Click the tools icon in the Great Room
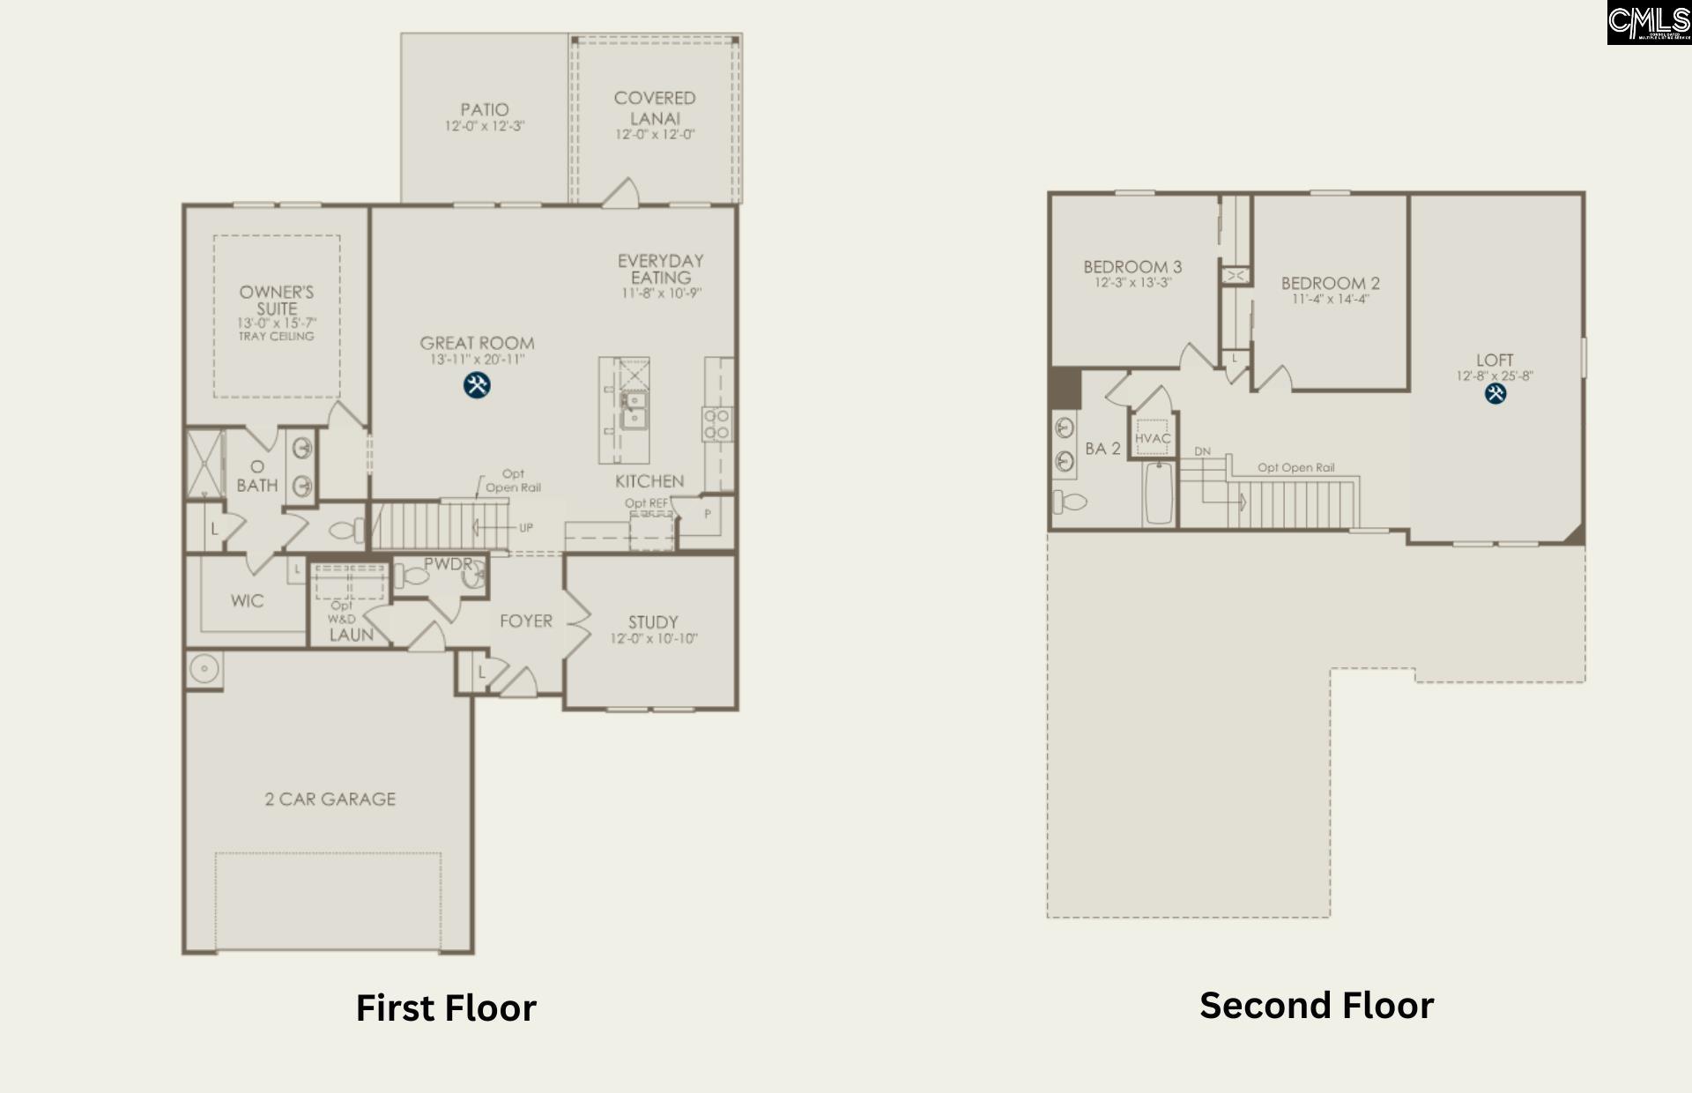click(x=477, y=385)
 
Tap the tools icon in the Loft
click(x=1495, y=393)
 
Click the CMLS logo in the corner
click(x=1648, y=22)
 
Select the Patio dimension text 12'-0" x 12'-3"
click(x=484, y=127)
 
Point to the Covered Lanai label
click(x=655, y=108)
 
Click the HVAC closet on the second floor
click(x=1153, y=437)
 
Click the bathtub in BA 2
click(x=1159, y=494)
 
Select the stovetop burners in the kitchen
click(x=716, y=423)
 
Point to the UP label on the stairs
click(x=526, y=528)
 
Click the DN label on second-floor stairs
click(x=1202, y=451)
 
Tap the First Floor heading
click(x=446, y=1008)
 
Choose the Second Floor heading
click(x=1317, y=1006)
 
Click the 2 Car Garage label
click(x=330, y=799)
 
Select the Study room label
click(x=653, y=621)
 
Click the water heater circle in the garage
click(x=204, y=669)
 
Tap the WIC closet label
click(x=247, y=601)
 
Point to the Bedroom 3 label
click(x=1132, y=266)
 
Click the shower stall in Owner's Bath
click(x=204, y=463)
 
